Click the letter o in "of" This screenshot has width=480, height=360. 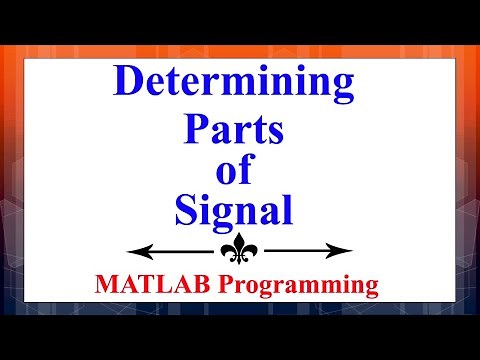(x=229, y=172)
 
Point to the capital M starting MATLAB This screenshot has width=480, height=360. (x=106, y=286)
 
